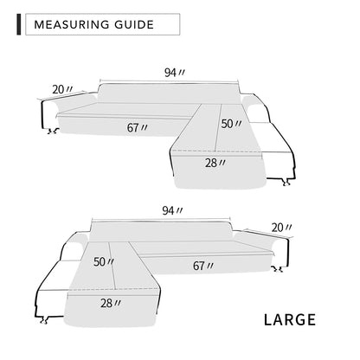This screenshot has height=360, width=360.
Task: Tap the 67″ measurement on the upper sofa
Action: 137,127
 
